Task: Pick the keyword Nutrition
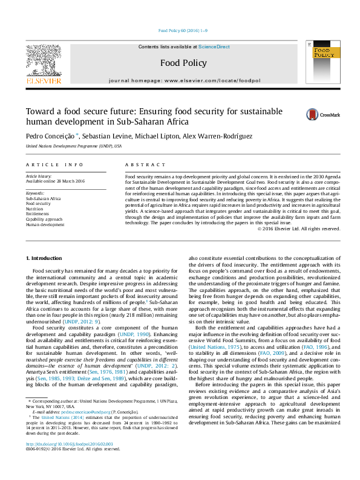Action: (x=35, y=209)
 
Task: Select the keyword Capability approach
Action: (x=45, y=219)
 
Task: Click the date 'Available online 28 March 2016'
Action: (x=55, y=181)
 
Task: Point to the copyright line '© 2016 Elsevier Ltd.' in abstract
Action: (x=299, y=229)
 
